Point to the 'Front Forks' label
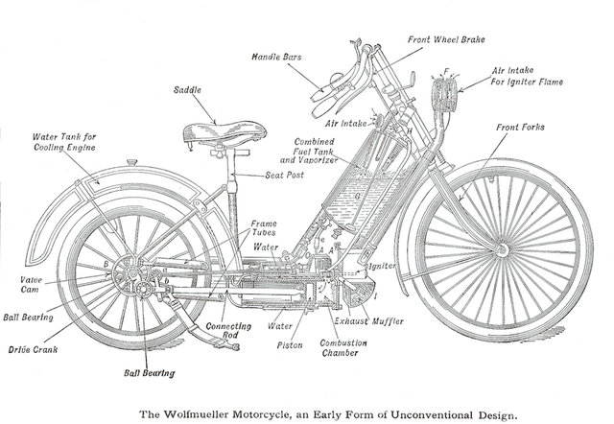click(x=521, y=127)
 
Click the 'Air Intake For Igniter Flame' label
click(x=527, y=76)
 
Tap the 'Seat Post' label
click(x=285, y=175)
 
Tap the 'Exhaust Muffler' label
click(x=369, y=320)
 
